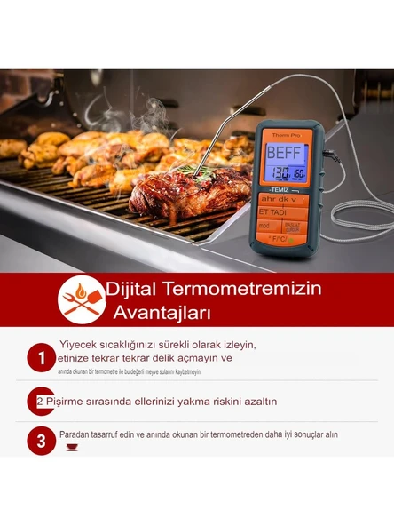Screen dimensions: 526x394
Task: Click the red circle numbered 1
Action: [41, 359]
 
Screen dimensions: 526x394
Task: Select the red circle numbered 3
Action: [41, 440]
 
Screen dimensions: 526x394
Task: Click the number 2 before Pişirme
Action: [40, 402]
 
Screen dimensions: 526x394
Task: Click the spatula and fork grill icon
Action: [82, 299]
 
